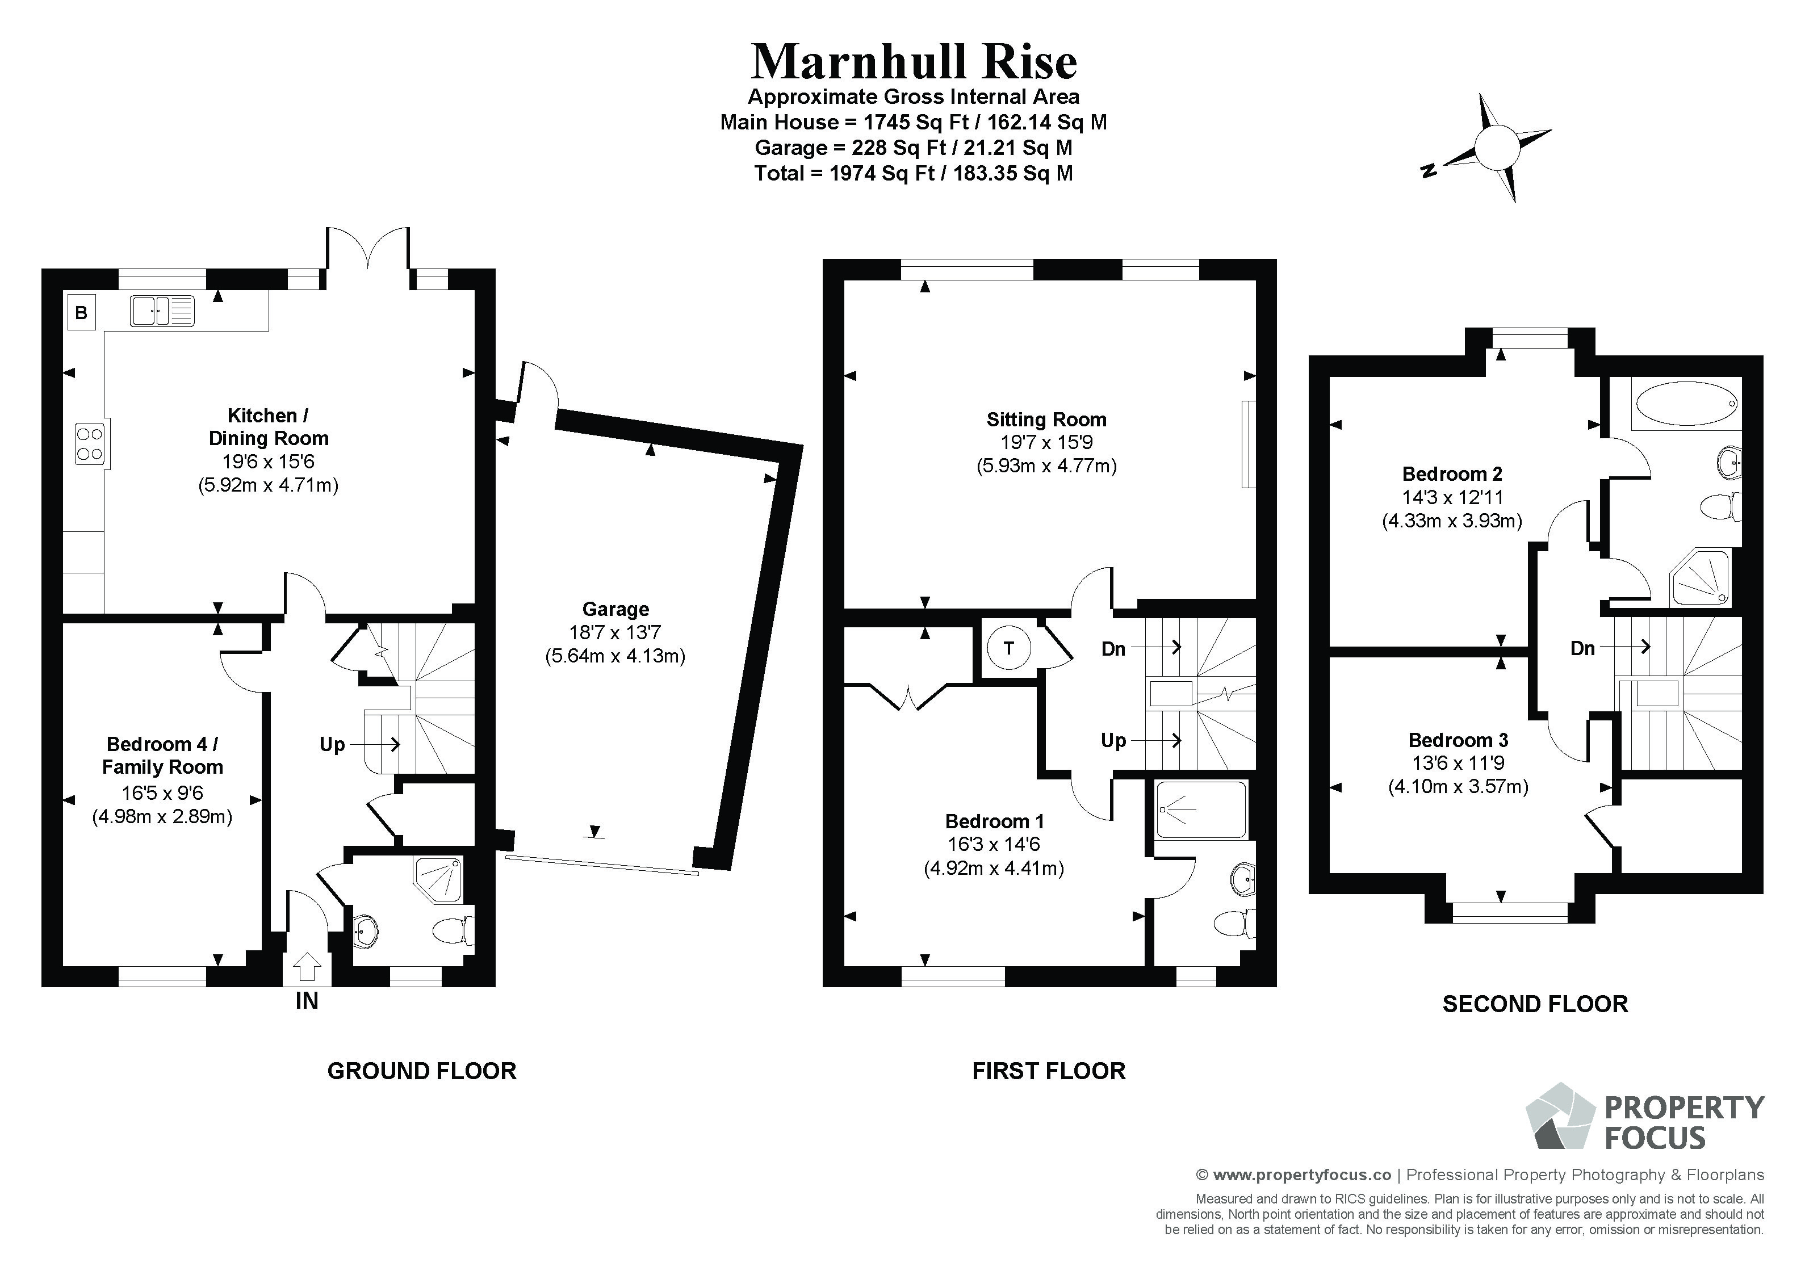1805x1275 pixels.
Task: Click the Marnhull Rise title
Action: point(914,62)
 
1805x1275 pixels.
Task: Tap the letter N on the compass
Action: point(1429,170)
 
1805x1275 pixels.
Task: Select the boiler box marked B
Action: point(81,312)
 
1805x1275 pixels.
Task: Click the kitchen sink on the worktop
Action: point(162,311)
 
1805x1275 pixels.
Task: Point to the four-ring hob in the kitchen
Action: point(90,443)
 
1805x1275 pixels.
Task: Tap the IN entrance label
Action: point(307,1001)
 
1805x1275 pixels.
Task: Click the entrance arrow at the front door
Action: point(307,965)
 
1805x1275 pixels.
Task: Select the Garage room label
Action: point(615,609)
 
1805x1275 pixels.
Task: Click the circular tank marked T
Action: point(1008,648)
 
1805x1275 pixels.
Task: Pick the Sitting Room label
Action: point(1046,420)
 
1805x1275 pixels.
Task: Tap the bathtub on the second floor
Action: point(1686,405)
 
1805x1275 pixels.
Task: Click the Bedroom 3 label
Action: point(1458,740)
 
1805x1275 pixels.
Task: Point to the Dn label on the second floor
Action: point(1582,648)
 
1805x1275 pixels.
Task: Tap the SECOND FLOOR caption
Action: point(1535,1004)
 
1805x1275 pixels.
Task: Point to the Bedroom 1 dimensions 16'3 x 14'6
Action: point(994,845)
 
